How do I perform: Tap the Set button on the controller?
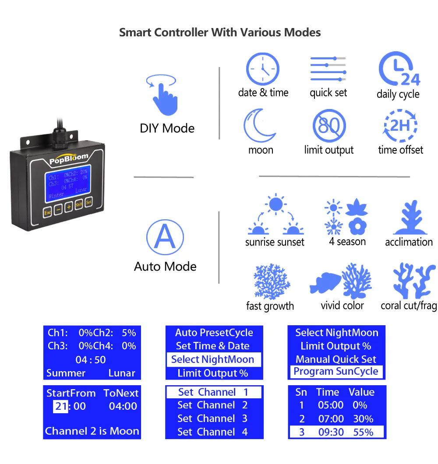click(x=89, y=202)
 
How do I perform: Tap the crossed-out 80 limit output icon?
click(x=329, y=126)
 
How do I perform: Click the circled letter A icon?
click(x=165, y=238)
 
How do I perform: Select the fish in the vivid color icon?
click(x=326, y=282)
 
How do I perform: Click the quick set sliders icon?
click(x=328, y=69)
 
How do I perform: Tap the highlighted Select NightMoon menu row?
click(x=213, y=360)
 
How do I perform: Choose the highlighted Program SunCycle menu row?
click(x=336, y=372)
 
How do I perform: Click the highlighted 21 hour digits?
click(x=61, y=406)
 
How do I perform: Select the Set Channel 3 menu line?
click(x=212, y=418)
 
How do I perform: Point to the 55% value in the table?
click(x=363, y=432)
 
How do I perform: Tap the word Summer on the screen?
click(x=66, y=373)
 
